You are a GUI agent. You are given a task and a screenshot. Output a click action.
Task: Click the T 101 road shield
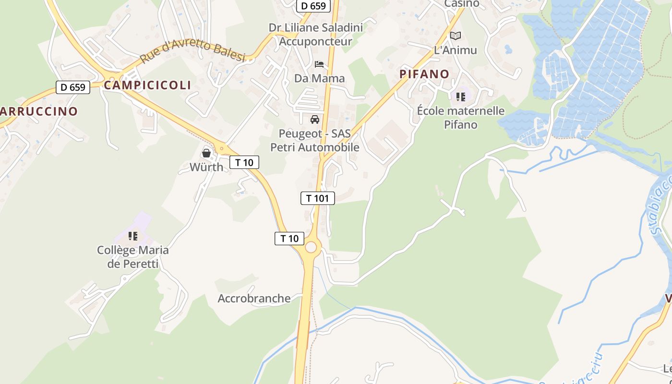coord(317,198)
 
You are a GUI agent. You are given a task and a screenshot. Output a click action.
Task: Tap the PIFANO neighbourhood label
coord(424,74)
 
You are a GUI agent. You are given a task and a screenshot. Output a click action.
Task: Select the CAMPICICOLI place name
coord(147,85)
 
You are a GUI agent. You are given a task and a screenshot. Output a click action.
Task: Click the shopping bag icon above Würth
coord(206,153)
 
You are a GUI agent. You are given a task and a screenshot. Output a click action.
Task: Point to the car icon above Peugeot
coord(315,120)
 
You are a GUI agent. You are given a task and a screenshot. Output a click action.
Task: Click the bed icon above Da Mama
coord(319,64)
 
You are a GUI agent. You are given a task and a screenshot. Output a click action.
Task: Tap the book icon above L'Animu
coord(455,36)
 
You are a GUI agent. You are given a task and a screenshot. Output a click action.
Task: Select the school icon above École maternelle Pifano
coord(461,97)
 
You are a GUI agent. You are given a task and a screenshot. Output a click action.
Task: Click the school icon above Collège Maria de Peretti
coord(133,236)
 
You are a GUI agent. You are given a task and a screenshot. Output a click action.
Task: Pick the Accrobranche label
coord(254,299)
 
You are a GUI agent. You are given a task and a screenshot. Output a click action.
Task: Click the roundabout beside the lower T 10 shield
coord(311,247)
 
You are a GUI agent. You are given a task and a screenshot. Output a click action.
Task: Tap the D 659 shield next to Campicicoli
coord(73,87)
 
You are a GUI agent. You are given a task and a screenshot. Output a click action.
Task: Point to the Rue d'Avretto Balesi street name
coord(192,51)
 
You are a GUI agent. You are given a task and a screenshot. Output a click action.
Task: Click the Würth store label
coord(206,167)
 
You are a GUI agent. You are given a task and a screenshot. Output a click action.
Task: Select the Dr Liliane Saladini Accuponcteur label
coord(315,34)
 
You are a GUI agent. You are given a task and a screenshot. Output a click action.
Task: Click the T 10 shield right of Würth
coord(244,162)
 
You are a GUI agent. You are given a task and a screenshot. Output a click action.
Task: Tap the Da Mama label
coord(319,78)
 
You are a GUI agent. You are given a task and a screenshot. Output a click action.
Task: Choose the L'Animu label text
coord(455,50)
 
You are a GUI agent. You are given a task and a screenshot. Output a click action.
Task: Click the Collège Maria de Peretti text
coord(133,257)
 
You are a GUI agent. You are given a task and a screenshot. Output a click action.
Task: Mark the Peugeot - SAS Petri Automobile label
coord(315,140)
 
